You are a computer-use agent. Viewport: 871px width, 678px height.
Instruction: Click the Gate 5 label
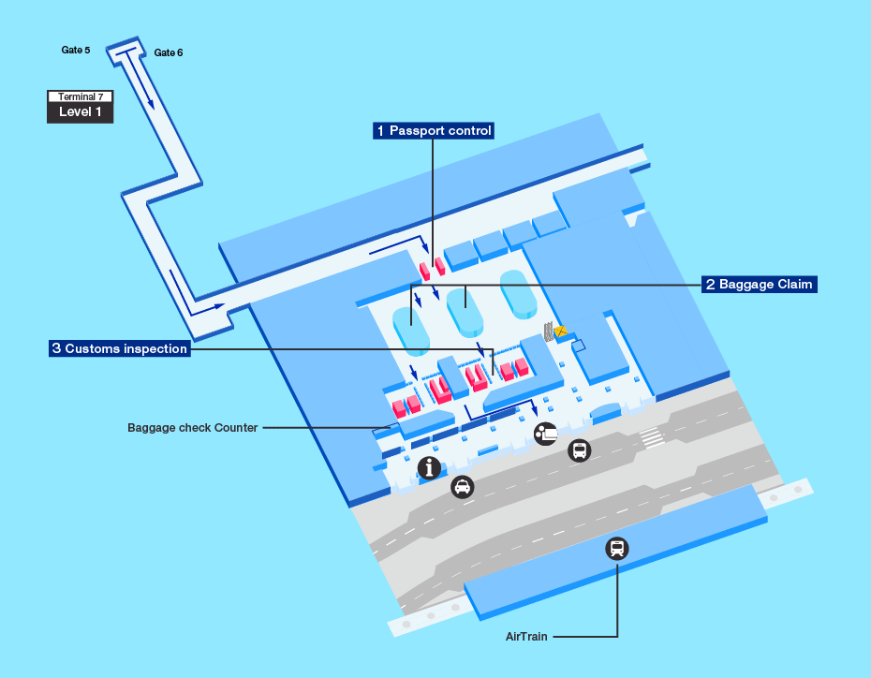[76, 50]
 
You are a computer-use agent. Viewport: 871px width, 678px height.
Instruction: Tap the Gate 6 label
[169, 52]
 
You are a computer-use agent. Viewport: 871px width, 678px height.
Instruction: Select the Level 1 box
[81, 112]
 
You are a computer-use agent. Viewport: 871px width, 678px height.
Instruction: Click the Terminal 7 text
[81, 96]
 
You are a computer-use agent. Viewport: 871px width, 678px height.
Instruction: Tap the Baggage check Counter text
[192, 428]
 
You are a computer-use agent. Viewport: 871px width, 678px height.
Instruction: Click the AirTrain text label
[526, 637]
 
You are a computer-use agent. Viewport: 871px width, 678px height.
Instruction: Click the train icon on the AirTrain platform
[616, 549]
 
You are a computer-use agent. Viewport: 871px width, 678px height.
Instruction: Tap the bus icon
[580, 451]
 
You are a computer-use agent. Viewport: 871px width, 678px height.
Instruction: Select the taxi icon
[462, 487]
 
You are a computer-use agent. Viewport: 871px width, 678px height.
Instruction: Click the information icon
[429, 468]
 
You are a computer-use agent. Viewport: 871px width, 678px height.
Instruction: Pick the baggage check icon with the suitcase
[545, 433]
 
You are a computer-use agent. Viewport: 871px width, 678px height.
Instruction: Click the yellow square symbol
[561, 331]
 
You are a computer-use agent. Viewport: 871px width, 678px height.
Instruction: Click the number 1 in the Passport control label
[379, 131]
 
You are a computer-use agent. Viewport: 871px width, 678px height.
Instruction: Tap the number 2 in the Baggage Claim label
[711, 284]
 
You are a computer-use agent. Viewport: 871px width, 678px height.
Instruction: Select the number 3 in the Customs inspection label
[57, 348]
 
